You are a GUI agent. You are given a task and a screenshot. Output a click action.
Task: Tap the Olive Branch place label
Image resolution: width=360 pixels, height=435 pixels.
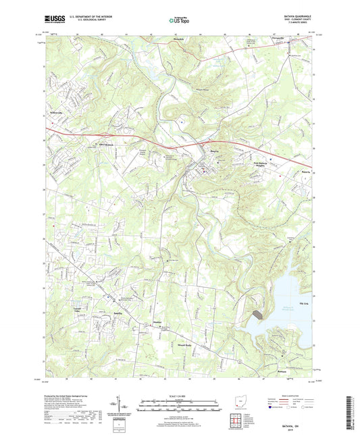tap(107, 145)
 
